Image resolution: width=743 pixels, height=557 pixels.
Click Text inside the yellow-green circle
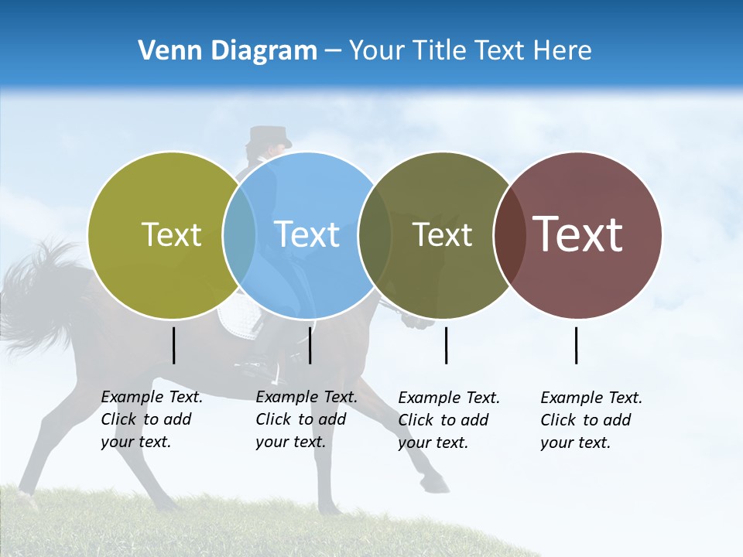tap(171, 234)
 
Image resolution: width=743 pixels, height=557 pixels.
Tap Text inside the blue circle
tap(307, 234)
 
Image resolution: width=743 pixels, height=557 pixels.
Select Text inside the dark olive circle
tap(442, 234)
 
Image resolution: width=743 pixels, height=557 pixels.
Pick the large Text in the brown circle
tap(578, 234)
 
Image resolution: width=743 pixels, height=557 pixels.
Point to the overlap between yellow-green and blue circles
tap(239, 234)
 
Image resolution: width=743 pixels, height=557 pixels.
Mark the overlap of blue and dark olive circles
tap(375, 234)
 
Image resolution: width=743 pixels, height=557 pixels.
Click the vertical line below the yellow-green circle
tap(173, 345)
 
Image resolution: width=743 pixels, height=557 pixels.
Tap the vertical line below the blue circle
tap(310, 345)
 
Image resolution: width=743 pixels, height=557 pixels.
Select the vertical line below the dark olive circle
tap(446, 345)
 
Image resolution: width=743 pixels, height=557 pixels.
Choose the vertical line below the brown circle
tap(576, 345)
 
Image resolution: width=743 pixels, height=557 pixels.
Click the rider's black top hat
tap(269, 137)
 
